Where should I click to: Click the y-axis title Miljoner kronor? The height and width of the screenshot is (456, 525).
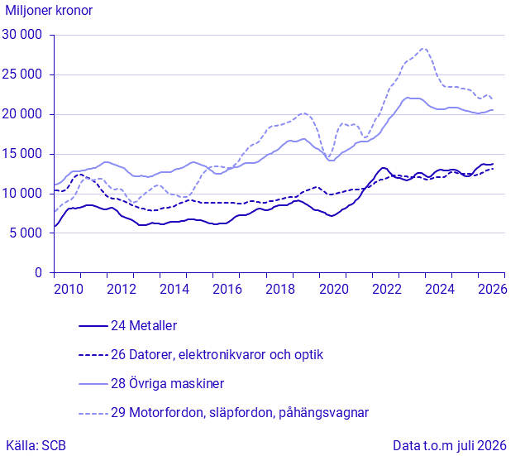pyautogui.click(x=49, y=11)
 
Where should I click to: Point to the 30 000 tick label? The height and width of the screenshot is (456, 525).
pyautogui.click(x=22, y=35)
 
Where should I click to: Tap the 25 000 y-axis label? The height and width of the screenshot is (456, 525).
pyautogui.click(x=22, y=74)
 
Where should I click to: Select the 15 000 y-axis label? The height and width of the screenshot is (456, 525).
pyautogui.click(x=22, y=154)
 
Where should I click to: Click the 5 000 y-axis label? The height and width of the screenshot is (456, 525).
pyautogui.click(x=26, y=233)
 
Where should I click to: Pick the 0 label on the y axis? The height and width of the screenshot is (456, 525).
pyautogui.click(x=39, y=273)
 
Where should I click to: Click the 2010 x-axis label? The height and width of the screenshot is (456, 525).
pyautogui.click(x=69, y=289)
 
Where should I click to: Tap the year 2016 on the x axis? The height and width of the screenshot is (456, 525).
pyautogui.click(x=227, y=289)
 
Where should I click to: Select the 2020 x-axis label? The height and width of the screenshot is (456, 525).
pyautogui.click(x=334, y=289)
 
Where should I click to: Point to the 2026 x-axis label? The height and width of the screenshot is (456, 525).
pyautogui.click(x=493, y=289)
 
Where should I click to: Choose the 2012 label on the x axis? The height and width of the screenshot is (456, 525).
pyautogui.click(x=122, y=289)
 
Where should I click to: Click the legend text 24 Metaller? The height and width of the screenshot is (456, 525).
pyautogui.click(x=144, y=326)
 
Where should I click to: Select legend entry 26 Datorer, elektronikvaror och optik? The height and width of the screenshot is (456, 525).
pyautogui.click(x=217, y=354)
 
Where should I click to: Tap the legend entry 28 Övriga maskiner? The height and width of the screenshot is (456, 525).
pyautogui.click(x=167, y=384)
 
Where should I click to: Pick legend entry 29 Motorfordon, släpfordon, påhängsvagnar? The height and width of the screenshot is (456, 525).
pyautogui.click(x=240, y=412)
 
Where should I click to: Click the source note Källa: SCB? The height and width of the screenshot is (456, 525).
pyautogui.click(x=36, y=446)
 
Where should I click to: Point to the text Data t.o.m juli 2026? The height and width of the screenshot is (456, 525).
pyautogui.click(x=450, y=446)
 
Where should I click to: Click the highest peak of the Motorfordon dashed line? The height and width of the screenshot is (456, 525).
pyautogui.click(x=423, y=49)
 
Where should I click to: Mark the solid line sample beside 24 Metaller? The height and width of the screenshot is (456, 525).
pyautogui.click(x=93, y=326)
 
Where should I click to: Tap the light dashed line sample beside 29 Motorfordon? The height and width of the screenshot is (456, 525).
pyautogui.click(x=93, y=414)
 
